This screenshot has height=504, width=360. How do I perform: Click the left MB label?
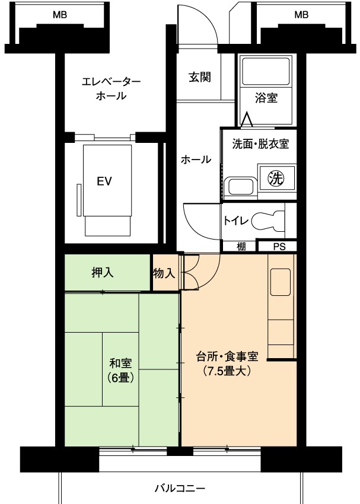(x=60, y=15)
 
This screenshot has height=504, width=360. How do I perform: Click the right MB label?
(x=301, y=15)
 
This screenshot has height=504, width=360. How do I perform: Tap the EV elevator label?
(x=104, y=181)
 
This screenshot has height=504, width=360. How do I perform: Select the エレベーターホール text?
(x=111, y=88)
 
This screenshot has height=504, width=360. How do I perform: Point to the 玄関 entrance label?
(x=200, y=77)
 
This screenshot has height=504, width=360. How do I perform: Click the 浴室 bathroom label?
(x=266, y=98)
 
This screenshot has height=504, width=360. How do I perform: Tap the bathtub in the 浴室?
(x=266, y=71)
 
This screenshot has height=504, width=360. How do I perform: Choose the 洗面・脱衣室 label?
(x=260, y=144)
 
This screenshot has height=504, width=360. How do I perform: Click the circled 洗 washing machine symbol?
(x=276, y=178)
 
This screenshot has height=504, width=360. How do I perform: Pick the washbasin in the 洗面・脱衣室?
(x=241, y=186)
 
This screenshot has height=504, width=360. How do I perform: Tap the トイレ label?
(x=236, y=221)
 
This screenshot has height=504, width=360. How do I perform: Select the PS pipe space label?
(x=279, y=247)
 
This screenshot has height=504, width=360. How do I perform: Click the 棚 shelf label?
(x=241, y=247)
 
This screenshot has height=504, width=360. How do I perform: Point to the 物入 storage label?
(x=164, y=273)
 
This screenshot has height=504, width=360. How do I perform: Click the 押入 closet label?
(x=103, y=273)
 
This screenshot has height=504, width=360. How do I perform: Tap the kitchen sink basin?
(x=281, y=282)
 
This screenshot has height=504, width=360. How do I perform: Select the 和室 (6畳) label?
(x=121, y=371)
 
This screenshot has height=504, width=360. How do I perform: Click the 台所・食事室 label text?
(x=227, y=356)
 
